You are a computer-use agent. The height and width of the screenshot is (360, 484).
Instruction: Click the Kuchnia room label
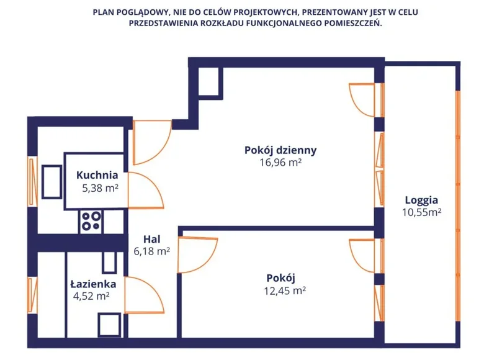pyautogui.click(x=97, y=175)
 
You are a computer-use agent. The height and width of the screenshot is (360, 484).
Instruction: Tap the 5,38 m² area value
pyautogui.click(x=100, y=187)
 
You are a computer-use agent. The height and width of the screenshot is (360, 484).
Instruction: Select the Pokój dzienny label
pyautogui.click(x=280, y=150)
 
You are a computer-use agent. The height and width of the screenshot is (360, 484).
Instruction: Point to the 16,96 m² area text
pyautogui.click(x=280, y=163)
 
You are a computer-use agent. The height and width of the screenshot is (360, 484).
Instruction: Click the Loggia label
pyautogui.click(x=421, y=200)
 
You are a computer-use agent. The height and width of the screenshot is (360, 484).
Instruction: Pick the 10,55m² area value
pyautogui.click(x=421, y=212)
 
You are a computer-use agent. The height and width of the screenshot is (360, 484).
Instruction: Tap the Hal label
pyautogui.click(x=152, y=238)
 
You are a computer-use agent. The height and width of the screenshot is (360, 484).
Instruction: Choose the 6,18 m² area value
pyautogui.click(x=152, y=251)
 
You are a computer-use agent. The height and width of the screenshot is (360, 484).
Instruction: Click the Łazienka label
pyautogui.click(x=94, y=284)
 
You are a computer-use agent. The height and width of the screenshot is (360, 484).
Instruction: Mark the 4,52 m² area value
pyautogui.click(x=91, y=296)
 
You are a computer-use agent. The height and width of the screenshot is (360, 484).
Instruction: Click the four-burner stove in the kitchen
pyautogui.click(x=92, y=222)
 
